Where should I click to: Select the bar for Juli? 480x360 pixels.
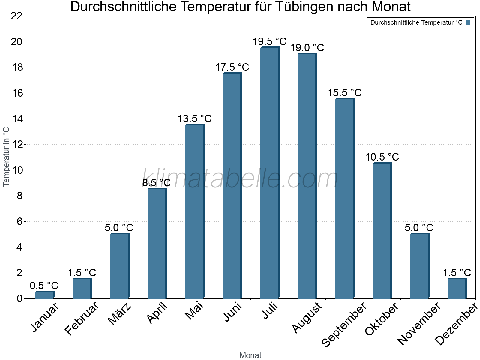pyautogui.click(x=269, y=173)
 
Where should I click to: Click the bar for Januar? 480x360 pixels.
pyautogui.click(x=44, y=295)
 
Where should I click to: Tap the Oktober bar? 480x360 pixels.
pyautogui.click(x=382, y=231)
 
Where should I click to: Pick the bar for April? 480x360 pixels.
pyautogui.click(x=157, y=244)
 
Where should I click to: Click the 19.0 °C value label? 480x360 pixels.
pyautogui.click(x=307, y=48)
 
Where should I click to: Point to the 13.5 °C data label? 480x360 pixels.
pyautogui.click(x=195, y=119)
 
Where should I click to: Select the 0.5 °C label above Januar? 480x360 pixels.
pyautogui.click(x=44, y=286)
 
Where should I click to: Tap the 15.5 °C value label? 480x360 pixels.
pyautogui.click(x=345, y=93)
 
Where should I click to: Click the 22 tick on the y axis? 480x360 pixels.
pyautogui.click(x=17, y=16)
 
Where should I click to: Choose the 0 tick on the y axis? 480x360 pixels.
pyautogui.click(x=20, y=299)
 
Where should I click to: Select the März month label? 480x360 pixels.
pyautogui.click(x=120, y=314)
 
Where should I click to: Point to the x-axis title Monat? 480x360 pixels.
pyautogui.click(x=250, y=355)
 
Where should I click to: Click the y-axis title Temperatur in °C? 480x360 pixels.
pyautogui.click(x=6, y=157)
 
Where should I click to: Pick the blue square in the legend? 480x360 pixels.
pyautogui.click(x=468, y=22)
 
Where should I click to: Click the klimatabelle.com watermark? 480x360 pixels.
pyautogui.click(x=240, y=179)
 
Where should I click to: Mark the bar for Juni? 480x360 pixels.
pyautogui.click(x=232, y=186)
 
